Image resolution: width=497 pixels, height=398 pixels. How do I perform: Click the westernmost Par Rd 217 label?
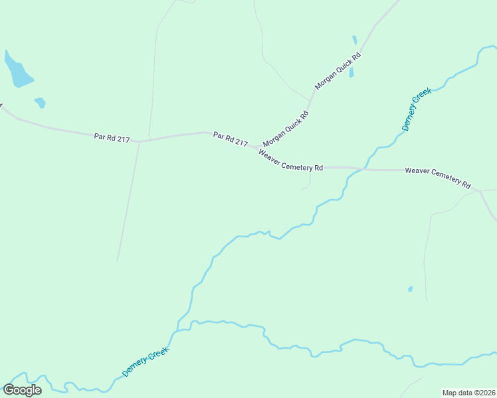112,138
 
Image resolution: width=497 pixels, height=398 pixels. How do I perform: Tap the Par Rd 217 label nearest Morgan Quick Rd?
231,139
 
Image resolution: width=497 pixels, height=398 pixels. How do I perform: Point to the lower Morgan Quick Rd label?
286,129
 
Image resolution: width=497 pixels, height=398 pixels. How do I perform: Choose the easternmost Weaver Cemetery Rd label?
437,176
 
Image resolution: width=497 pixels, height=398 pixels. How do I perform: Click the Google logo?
22,389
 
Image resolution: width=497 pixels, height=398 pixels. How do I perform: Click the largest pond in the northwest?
17,70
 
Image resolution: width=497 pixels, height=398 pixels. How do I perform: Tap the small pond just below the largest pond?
41,102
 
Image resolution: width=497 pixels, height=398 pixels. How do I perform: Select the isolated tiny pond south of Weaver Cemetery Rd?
410,289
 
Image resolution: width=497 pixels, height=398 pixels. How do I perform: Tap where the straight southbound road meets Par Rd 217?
140,141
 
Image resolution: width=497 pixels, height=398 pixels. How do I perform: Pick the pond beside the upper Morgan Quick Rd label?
351,72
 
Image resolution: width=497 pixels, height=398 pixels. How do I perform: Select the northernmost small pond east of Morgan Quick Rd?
355,40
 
